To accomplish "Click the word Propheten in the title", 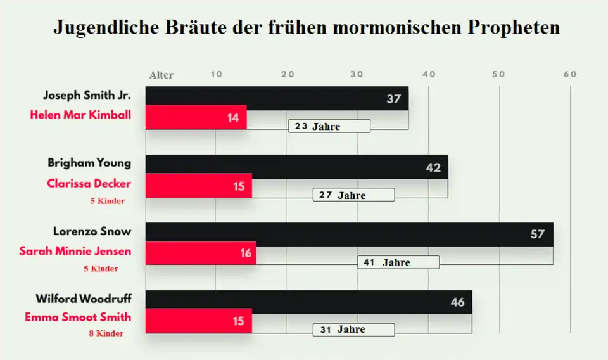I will [514, 28].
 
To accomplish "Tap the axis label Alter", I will [161, 75].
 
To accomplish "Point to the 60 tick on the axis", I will [570, 74].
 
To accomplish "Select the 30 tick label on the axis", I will [357, 74].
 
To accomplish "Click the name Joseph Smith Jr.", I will [87, 96].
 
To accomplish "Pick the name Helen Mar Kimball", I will [80, 115].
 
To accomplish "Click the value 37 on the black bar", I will [394, 99].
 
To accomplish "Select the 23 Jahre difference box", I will [329, 126].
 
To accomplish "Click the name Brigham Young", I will [89, 163].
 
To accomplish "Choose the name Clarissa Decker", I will [89, 184].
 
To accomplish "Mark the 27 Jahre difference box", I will [353, 195].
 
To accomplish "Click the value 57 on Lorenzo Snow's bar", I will [537, 235].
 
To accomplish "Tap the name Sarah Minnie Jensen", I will [75, 251].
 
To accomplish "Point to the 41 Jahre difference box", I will [398, 262].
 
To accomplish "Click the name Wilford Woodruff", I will [84, 299].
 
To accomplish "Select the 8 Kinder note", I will [106, 333].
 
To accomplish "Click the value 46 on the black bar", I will [457, 302].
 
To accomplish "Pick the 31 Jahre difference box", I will [353, 330].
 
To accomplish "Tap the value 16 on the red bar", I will [246, 253].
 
